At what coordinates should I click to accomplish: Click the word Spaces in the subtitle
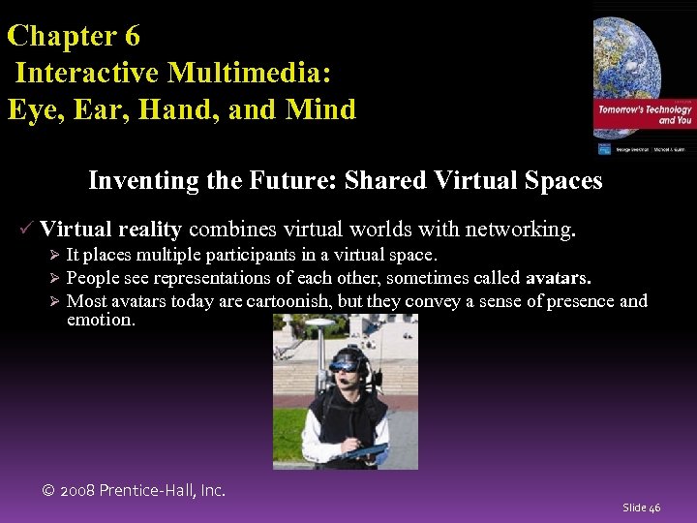click(563, 181)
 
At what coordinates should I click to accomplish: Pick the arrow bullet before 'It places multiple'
click(55, 256)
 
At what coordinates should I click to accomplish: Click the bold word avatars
click(558, 278)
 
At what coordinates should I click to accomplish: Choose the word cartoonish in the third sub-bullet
click(296, 301)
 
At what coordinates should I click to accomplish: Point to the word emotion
click(101, 320)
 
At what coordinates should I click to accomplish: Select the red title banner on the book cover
click(645, 116)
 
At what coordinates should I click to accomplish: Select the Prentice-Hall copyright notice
click(135, 490)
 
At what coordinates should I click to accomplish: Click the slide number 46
click(642, 508)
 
